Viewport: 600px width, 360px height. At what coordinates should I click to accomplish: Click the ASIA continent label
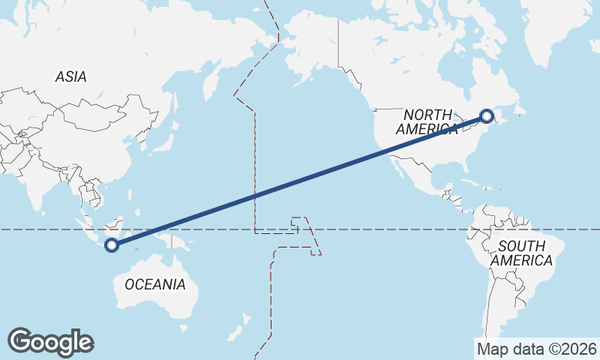pos(71,76)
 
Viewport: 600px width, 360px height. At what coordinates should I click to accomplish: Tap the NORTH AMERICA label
pos(427,122)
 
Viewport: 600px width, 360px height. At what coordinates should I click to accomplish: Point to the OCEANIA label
pos(154,284)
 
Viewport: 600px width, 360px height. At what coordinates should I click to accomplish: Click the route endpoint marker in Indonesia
pos(111,244)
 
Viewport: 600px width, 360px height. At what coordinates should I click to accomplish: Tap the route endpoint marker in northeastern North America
pos(486,116)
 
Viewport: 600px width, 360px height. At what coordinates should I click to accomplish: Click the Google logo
pos(50,341)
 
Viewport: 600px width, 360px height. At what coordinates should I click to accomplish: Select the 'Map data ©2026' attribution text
pos(536,349)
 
